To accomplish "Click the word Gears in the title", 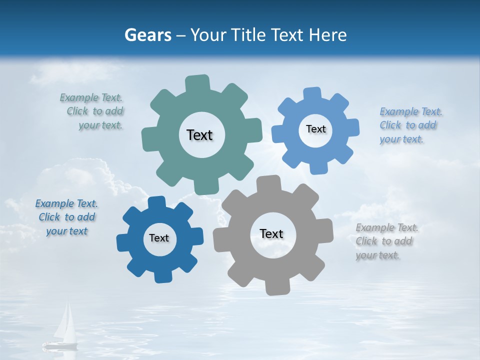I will pyautogui.click(x=147, y=35).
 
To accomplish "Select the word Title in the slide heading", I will pyautogui.click(x=248, y=35).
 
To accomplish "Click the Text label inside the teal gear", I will pyautogui.click(x=199, y=135).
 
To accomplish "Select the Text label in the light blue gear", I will pyautogui.click(x=315, y=129).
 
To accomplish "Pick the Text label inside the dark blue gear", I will pyautogui.click(x=159, y=238).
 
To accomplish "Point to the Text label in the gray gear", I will pyautogui.click(x=271, y=233).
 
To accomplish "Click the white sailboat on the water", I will pyautogui.click(x=62, y=327).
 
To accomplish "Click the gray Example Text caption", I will pyautogui.click(x=386, y=241).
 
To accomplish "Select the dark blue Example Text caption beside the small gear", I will pyautogui.click(x=66, y=217).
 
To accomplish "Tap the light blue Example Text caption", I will pyautogui.click(x=410, y=125).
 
